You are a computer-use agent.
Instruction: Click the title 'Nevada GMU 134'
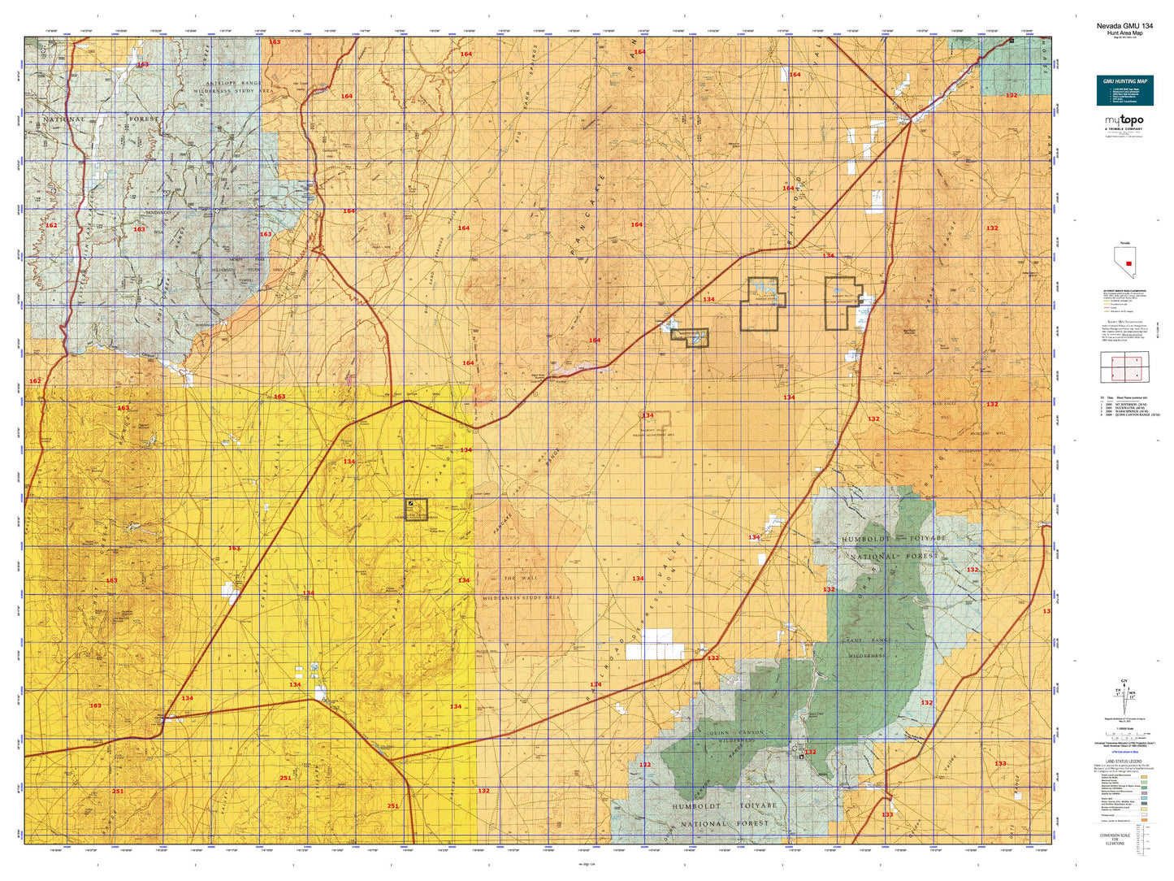[1124, 26]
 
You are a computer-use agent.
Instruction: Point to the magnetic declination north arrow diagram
[1124, 696]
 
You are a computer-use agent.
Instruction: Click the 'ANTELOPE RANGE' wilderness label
[228, 83]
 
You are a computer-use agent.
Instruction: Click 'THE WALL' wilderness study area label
[520, 578]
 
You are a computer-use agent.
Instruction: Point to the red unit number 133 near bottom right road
[887, 814]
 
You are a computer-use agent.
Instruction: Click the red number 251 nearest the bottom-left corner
[118, 791]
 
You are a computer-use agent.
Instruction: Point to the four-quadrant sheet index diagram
[1124, 367]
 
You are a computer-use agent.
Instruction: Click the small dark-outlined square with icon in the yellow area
[415, 509]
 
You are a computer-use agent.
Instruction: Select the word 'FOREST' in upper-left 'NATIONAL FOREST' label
[144, 119]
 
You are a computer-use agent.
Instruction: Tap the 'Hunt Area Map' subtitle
[1124, 33]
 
